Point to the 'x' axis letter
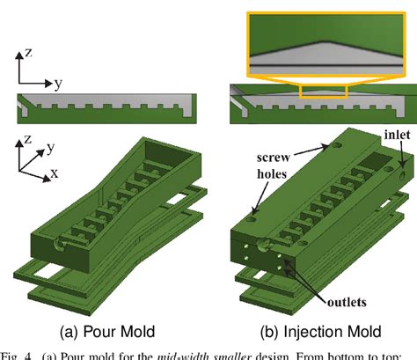click(55, 173)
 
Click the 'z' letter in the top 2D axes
click(29, 53)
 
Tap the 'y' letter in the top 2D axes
click(57, 84)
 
